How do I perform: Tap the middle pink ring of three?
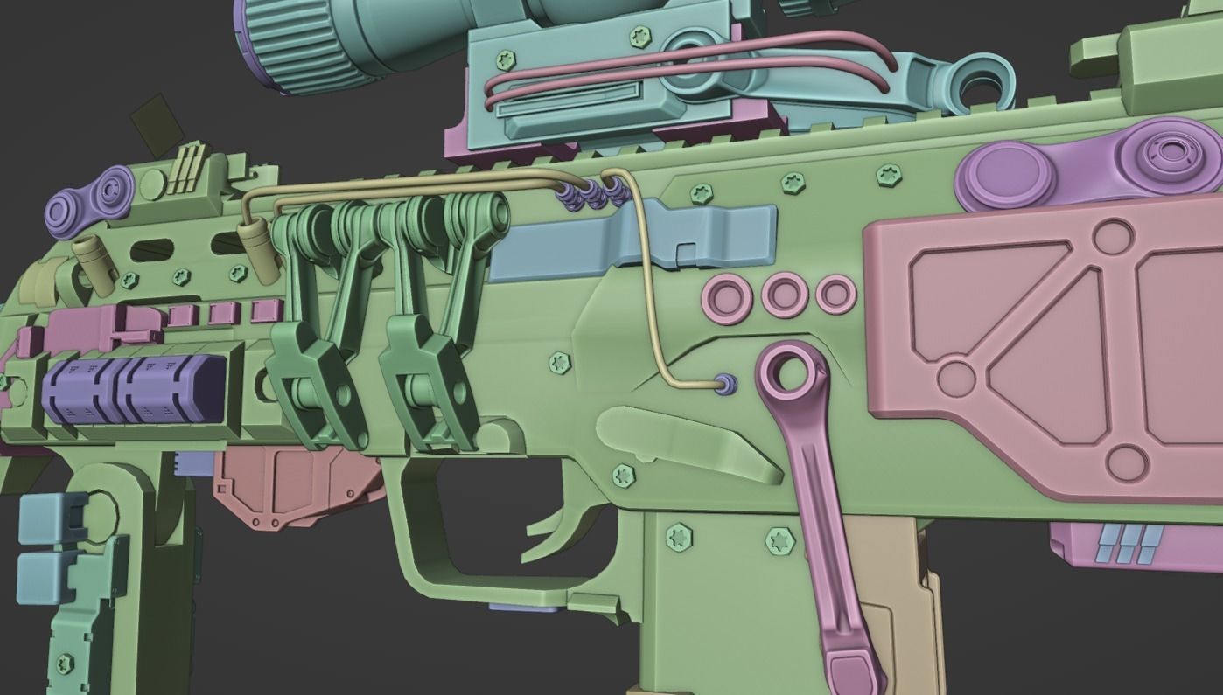(x=785, y=295)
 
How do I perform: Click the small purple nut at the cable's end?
(x=725, y=385)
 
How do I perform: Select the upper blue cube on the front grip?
(x=52, y=516)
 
